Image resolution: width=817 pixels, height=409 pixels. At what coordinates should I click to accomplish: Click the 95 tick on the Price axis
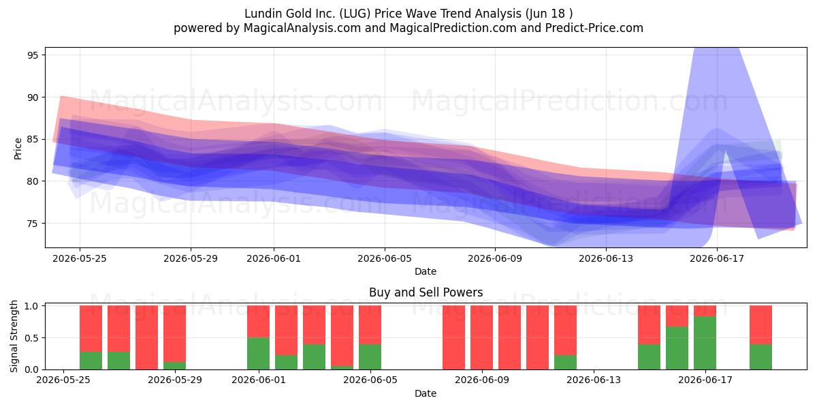[x=33, y=55]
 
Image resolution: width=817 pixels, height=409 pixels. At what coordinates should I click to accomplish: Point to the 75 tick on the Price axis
[x=33, y=224]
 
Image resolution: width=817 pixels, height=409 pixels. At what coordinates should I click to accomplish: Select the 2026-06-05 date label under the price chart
[x=385, y=258]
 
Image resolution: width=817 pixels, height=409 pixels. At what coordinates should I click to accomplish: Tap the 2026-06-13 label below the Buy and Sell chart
[x=594, y=380]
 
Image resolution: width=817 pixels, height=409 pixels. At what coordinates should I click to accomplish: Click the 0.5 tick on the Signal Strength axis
[x=32, y=338]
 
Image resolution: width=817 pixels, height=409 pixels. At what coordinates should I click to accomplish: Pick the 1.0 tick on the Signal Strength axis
[x=32, y=306]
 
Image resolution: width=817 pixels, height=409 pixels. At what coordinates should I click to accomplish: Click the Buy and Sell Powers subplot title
[x=426, y=292]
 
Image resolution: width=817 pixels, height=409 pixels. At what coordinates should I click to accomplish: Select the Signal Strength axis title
[x=14, y=336]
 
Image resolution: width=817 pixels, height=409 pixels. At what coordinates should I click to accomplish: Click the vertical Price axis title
[x=18, y=149]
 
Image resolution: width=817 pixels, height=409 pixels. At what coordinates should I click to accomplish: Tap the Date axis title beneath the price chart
[x=426, y=271]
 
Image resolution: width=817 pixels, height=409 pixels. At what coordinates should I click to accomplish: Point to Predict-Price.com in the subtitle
[x=594, y=28]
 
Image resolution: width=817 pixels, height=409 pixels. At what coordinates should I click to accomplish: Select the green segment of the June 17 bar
[x=705, y=343]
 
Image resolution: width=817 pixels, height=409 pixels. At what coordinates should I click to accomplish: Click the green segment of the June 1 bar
[x=258, y=354]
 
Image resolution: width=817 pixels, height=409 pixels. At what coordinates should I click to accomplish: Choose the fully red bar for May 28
[x=146, y=337]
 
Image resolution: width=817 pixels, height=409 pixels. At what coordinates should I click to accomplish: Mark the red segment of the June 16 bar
[x=677, y=316]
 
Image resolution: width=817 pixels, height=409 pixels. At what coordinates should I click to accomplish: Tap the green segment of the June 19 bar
[x=760, y=357]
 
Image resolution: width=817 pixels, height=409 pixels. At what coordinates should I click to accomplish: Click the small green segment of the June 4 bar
[x=342, y=367]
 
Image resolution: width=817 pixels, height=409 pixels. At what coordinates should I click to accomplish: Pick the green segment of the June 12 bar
[x=565, y=362]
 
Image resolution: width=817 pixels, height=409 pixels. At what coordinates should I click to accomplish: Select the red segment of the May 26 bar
[x=118, y=329]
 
